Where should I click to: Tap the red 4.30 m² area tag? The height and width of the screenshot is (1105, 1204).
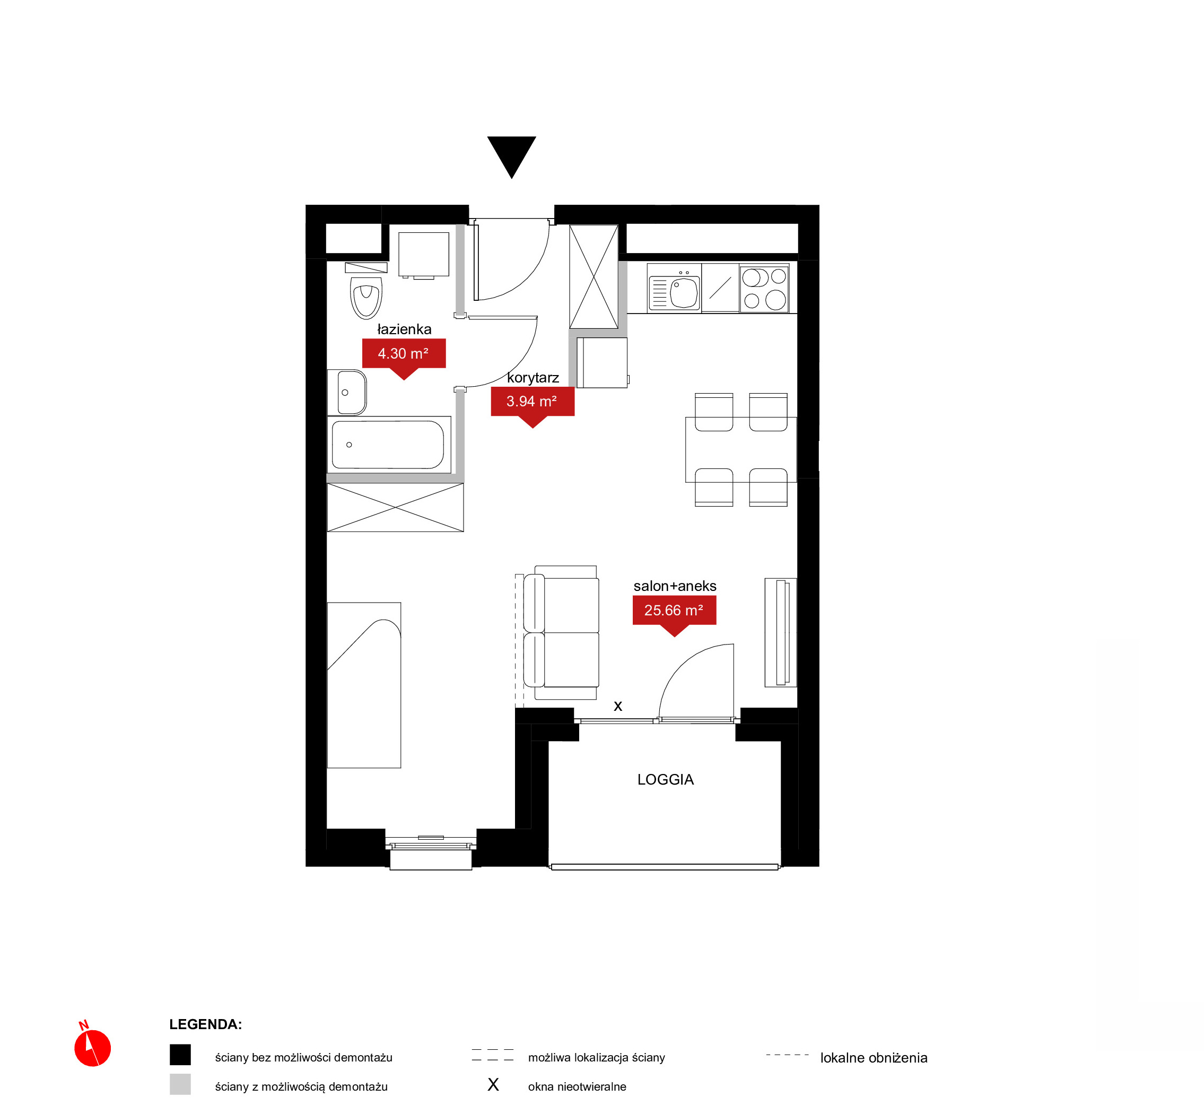tap(404, 356)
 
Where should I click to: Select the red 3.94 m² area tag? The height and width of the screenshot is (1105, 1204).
tap(532, 404)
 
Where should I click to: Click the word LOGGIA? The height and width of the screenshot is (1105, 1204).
tap(665, 779)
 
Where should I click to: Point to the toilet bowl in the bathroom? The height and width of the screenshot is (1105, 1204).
tap(366, 298)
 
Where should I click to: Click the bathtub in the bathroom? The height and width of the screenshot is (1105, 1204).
tap(389, 444)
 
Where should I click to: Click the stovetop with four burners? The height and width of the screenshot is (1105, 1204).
tap(764, 289)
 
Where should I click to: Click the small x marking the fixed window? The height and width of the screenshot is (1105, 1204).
tap(618, 706)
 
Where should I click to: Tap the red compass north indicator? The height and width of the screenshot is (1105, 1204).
tap(92, 1047)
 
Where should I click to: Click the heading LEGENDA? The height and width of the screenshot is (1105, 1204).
tap(206, 1024)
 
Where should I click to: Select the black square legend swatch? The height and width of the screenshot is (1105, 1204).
tap(180, 1055)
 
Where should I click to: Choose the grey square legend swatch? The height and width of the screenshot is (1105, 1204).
tap(180, 1084)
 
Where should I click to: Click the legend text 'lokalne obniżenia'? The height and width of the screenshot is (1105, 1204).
tap(874, 1058)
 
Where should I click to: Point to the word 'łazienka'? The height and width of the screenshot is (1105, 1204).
tap(404, 329)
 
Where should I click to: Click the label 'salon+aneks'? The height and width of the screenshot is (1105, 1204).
tap(675, 586)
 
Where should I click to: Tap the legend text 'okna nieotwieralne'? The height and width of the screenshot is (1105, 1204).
tap(577, 1086)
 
